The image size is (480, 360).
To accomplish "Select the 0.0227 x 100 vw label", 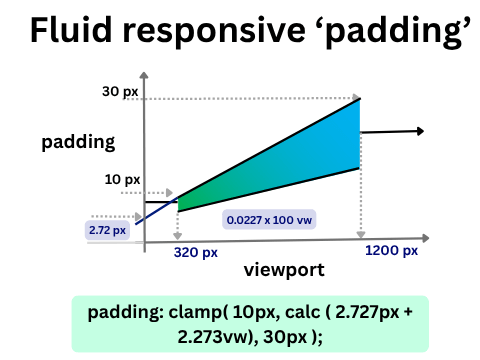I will [x=262, y=218].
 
